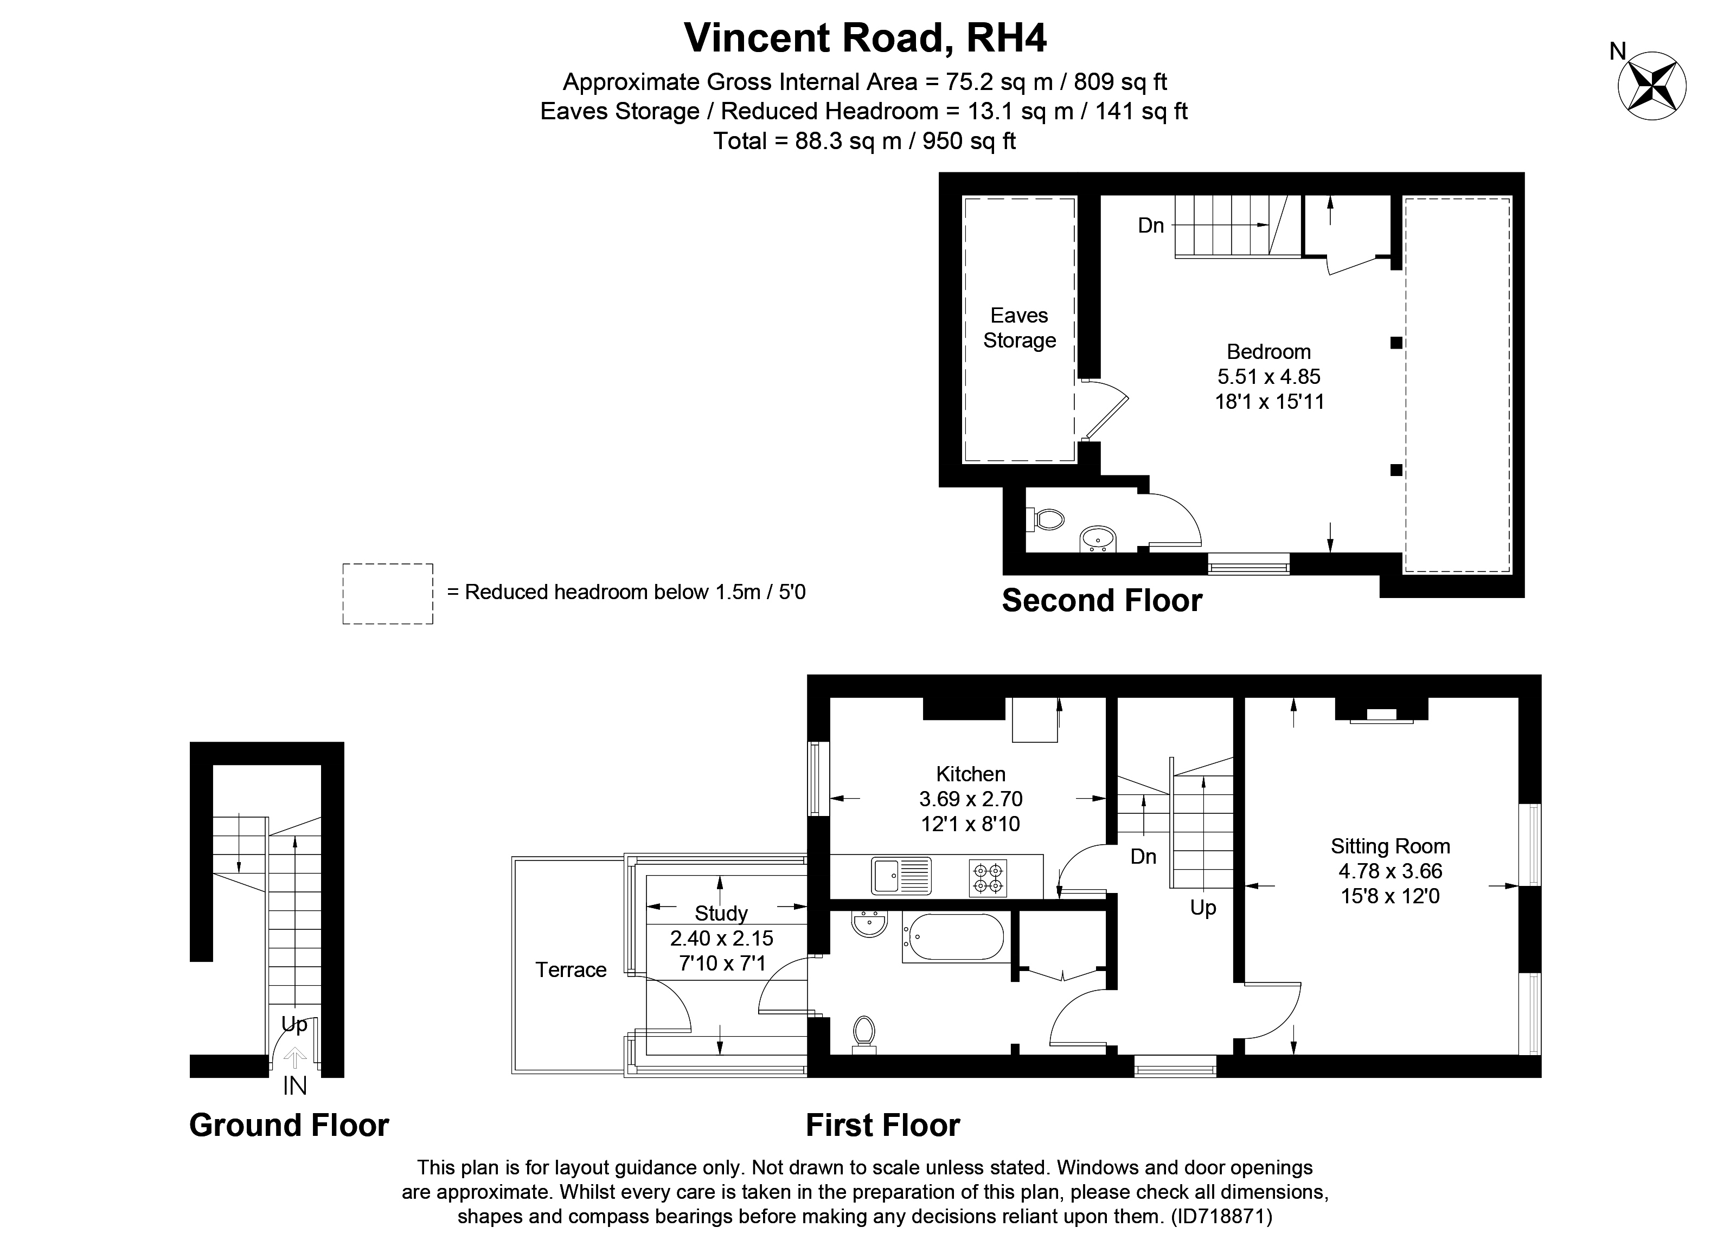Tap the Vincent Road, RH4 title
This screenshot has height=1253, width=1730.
865,37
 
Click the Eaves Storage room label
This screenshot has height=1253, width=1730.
1019,328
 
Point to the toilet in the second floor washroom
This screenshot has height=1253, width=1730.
1047,520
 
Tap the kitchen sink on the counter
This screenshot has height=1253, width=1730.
901,876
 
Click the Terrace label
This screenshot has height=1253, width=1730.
571,970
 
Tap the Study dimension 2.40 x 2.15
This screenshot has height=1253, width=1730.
722,938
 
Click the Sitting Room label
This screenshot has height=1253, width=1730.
1390,846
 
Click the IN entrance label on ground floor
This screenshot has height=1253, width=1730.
294,1086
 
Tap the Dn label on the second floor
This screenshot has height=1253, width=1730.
1150,226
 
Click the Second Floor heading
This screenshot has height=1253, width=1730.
1101,601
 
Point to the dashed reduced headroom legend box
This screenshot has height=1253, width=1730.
388,594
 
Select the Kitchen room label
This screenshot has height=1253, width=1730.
970,774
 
